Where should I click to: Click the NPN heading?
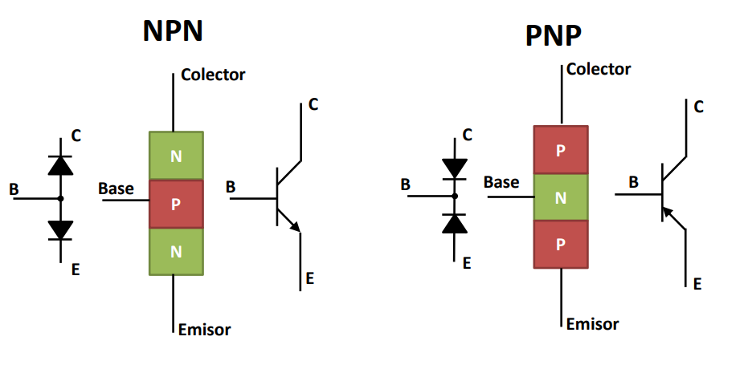point(172,30)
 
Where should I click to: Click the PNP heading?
point(554,36)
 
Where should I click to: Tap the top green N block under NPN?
point(176,156)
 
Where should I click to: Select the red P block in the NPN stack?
point(176,204)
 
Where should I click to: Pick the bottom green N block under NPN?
point(176,252)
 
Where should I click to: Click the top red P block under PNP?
point(560,149)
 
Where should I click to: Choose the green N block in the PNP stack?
point(560,197)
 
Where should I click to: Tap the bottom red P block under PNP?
point(560,245)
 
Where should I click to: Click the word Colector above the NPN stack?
point(213,75)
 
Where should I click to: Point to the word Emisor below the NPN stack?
point(206,329)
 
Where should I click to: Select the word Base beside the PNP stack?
point(501,183)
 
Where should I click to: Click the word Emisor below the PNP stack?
point(592,324)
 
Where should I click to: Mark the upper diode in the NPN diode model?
point(60,165)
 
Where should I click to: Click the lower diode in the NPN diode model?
point(60,229)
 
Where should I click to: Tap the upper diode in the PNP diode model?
point(455,168)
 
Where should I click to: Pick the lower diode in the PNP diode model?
point(455,223)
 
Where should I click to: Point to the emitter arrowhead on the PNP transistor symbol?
point(667,213)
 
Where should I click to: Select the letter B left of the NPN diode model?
point(14,190)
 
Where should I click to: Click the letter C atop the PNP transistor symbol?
point(698,107)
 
